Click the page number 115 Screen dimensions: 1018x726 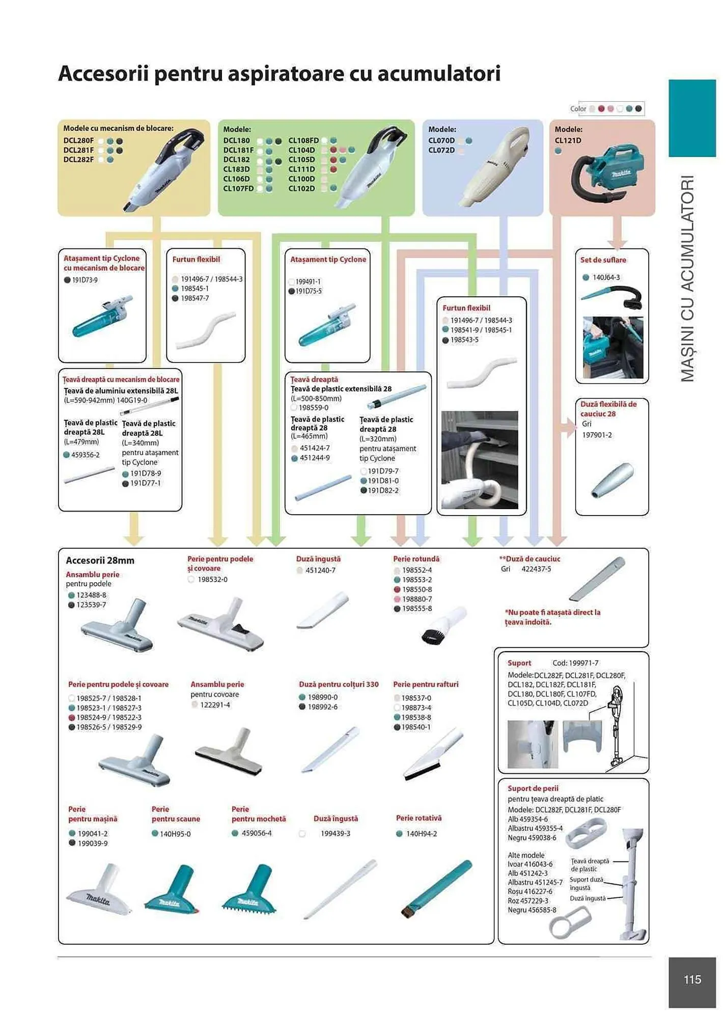[692, 979]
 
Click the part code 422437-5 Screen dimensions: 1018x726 [536, 569]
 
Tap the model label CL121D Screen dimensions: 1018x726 [568, 140]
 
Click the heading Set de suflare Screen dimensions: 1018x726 [603, 260]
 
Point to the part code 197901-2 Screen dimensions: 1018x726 [597, 435]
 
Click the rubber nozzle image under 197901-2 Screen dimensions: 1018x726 [612, 479]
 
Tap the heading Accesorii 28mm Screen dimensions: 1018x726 [100, 560]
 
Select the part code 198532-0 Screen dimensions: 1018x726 [212, 579]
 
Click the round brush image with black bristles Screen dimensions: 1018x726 [443, 626]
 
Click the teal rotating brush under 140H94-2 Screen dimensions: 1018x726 [437, 888]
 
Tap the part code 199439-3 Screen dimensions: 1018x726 [335, 833]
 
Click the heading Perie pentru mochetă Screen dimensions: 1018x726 [258, 813]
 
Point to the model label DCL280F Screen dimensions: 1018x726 [78, 140]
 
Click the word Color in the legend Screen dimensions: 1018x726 [578, 108]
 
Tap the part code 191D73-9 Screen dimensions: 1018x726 [85, 280]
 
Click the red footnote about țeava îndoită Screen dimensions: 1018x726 [552, 617]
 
